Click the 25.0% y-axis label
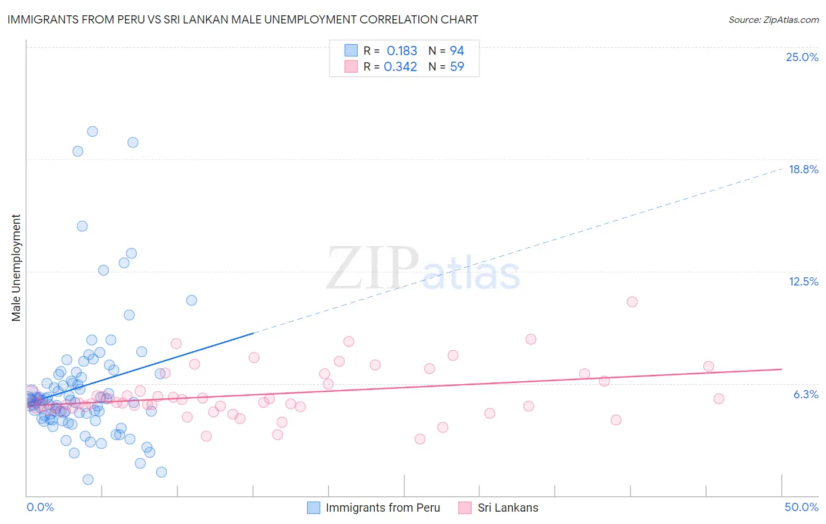tap(801, 57)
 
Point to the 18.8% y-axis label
tap(803, 169)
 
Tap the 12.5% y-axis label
tap(803, 281)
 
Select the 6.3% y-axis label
tap(805, 394)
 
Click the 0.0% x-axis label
tap(40, 507)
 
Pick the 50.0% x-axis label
tap(801, 507)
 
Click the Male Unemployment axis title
tap(16, 268)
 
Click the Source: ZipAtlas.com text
tap(773, 19)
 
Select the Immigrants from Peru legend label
tap(382, 508)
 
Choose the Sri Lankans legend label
tap(508, 508)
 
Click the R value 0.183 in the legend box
tap(401, 51)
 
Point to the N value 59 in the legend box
tap(456, 66)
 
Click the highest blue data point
tap(92, 132)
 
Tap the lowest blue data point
tap(88, 479)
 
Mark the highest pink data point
tap(632, 302)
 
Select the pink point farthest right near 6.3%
tap(718, 399)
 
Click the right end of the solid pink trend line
tap(781, 369)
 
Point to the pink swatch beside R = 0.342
tap(351, 66)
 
